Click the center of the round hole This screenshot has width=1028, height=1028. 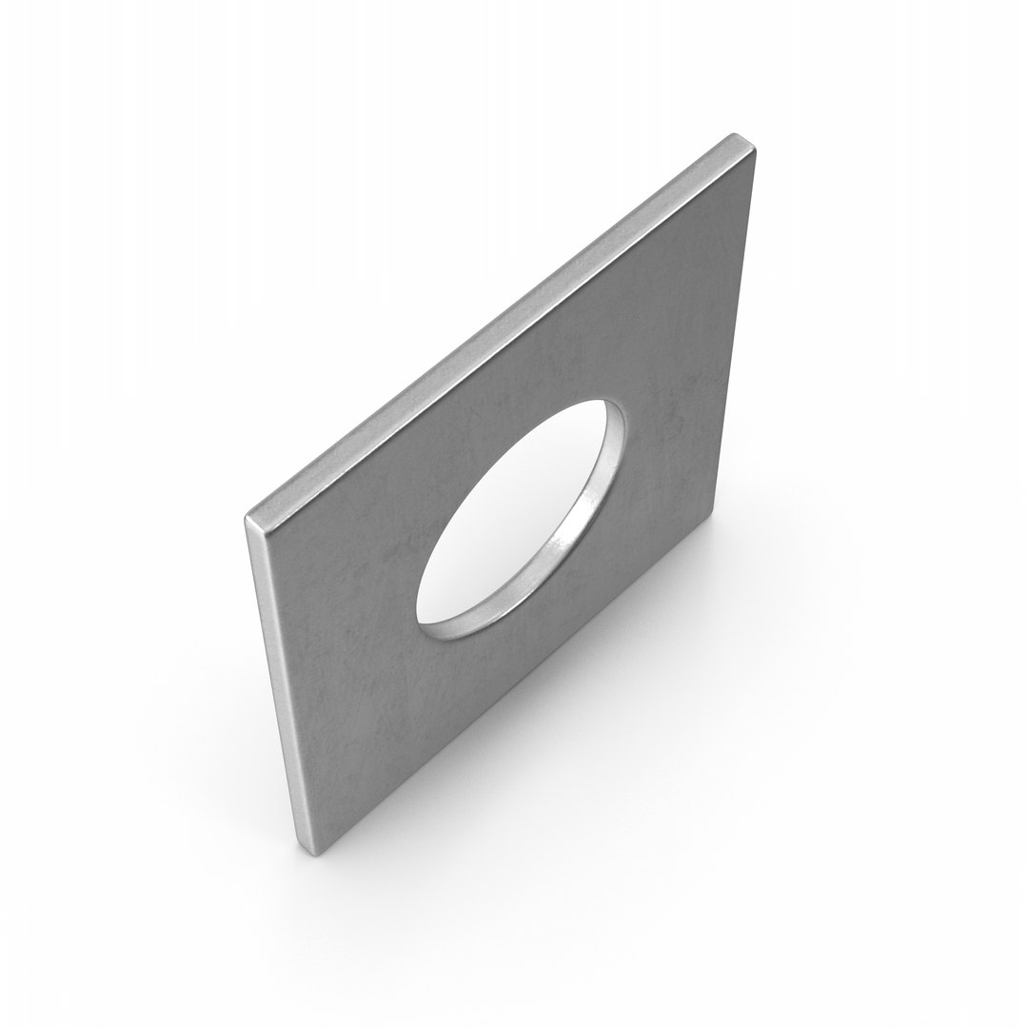pyautogui.click(x=520, y=519)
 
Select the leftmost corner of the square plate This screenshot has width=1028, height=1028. pyautogui.click(x=247, y=520)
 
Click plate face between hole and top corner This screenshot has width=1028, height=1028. pyautogui.click(x=666, y=286)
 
